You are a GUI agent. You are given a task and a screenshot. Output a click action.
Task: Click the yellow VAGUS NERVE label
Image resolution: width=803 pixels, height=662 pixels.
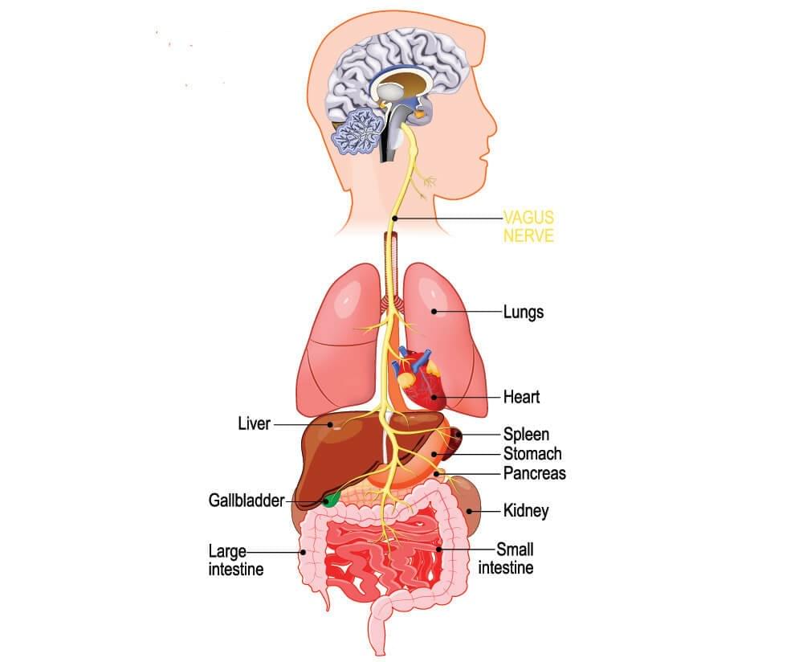[528, 226]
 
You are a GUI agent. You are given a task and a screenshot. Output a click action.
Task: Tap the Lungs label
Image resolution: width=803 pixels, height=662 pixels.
[524, 312]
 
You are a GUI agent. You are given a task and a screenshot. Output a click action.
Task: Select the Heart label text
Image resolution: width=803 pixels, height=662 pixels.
[521, 397]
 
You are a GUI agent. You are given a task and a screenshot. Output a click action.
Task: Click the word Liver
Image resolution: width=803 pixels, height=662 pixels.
[254, 423]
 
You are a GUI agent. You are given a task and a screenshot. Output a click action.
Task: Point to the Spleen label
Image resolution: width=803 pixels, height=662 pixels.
[526, 435]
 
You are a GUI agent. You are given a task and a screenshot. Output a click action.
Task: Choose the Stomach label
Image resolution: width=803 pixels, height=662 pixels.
[532, 453]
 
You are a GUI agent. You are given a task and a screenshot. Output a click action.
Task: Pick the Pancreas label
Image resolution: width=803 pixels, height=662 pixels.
[535, 473]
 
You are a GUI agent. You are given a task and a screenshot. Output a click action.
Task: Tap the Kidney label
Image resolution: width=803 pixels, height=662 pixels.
[526, 510]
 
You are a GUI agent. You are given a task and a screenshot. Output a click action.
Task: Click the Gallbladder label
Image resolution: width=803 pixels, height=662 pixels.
[247, 500]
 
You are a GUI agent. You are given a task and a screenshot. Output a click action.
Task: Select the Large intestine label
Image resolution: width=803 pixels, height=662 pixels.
[235, 560]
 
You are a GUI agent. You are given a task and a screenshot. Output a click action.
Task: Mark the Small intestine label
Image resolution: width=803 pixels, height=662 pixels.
[506, 558]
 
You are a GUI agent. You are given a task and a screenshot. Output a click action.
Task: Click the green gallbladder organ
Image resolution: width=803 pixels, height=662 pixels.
[332, 500]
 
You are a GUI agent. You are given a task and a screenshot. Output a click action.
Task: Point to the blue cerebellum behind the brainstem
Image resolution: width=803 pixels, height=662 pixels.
[358, 132]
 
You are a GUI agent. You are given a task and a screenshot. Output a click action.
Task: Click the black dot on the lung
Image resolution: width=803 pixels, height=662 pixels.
[434, 311]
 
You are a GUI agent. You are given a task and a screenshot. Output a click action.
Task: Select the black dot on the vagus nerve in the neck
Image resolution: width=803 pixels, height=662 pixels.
[394, 219]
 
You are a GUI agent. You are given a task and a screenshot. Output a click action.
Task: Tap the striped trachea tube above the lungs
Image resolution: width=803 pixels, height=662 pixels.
[393, 267]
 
